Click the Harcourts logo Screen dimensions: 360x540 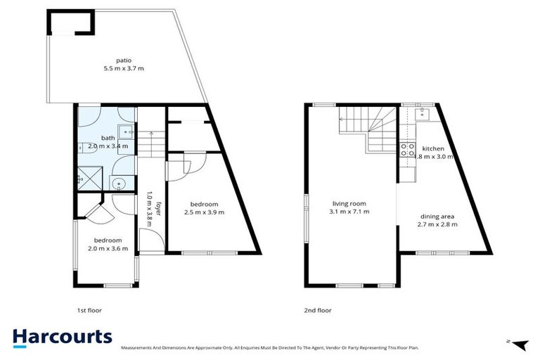point(62,337)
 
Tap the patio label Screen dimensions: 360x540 point(124,60)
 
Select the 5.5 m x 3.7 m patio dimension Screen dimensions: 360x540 point(124,69)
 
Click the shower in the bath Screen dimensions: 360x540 point(87,176)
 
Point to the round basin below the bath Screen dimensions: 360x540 point(120,184)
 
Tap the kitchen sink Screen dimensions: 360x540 point(424,112)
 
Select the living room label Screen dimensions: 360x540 point(350,202)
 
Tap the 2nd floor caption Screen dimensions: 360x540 point(318,310)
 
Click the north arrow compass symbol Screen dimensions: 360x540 point(520,345)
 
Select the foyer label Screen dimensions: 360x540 point(159,211)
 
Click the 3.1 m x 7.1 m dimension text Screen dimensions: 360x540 point(350,211)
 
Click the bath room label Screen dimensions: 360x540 point(108,138)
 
